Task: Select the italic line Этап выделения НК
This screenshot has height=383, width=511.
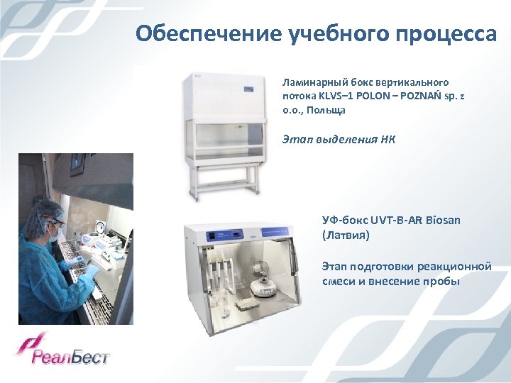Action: coord(339,139)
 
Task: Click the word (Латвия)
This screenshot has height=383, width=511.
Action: coord(346,234)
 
